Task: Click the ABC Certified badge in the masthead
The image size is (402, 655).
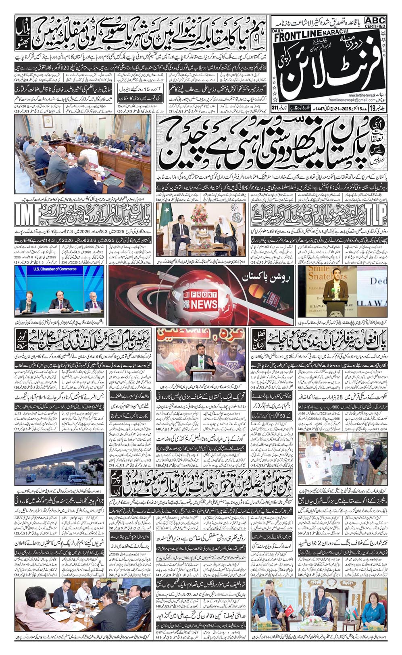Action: click(x=375, y=23)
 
